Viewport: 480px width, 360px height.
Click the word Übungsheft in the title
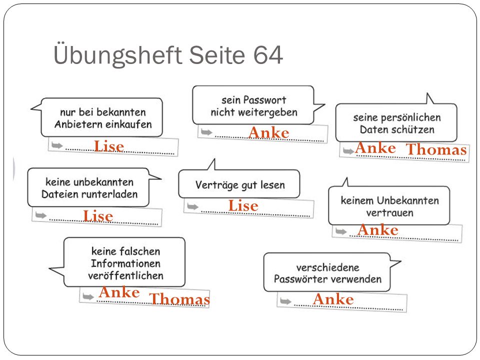coord(118,55)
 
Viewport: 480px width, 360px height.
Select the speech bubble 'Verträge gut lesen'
coord(239,183)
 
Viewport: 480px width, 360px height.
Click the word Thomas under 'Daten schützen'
coord(436,149)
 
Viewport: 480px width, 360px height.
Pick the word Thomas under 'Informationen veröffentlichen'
coord(179,299)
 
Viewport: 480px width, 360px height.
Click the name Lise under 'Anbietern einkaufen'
coord(109,146)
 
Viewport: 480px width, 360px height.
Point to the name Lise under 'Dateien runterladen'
coord(98,216)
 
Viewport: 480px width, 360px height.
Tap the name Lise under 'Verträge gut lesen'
coord(243,205)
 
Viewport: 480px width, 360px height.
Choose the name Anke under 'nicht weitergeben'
coord(269,133)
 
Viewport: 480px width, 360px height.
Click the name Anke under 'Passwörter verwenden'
coord(333,299)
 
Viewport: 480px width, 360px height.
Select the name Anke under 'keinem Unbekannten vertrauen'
coord(378,230)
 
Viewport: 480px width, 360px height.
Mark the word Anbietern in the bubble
coord(78,124)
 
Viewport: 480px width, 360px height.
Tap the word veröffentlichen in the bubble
coord(126,275)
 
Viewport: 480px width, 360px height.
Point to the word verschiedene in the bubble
coord(328,267)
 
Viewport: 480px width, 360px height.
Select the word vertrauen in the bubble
coord(389,213)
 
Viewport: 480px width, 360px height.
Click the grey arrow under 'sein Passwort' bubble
coord(206,132)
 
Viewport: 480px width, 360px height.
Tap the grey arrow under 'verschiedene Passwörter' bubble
coord(285,301)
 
